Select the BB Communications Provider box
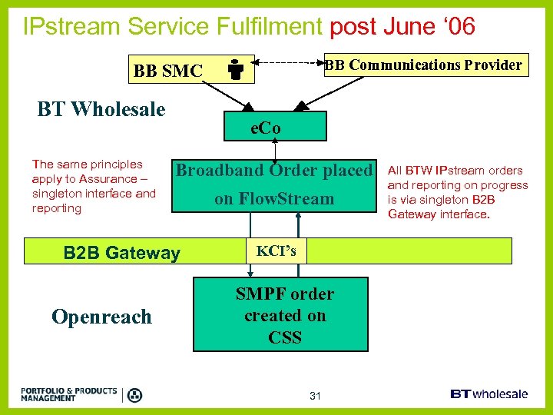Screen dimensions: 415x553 (422, 65)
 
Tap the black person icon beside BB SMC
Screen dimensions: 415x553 (236, 71)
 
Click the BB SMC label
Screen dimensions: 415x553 (167, 71)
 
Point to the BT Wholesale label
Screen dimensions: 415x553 (101, 110)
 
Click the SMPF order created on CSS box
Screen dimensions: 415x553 (285, 315)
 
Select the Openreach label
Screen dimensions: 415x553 (101, 317)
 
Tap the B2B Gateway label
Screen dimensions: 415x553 (121, 253)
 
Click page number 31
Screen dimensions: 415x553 (314, 396)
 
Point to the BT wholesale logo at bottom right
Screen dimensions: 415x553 (488, 393)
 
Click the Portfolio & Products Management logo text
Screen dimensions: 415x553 (69, 394)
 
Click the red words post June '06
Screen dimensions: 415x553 (402, 27)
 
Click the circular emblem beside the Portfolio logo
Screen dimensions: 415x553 (134, 395)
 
